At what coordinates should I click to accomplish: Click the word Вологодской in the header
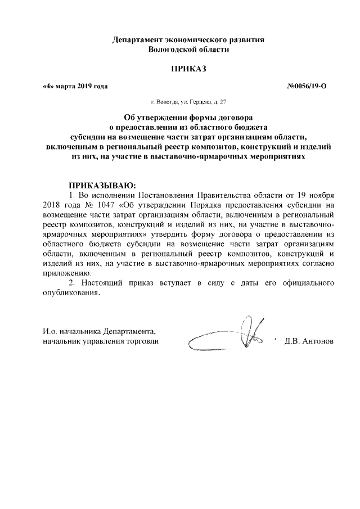(170, 50)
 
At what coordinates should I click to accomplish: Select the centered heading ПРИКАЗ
(188, 69)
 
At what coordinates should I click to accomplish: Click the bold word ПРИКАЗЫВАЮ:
(102, 185)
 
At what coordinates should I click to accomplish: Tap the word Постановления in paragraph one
(165, 195)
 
